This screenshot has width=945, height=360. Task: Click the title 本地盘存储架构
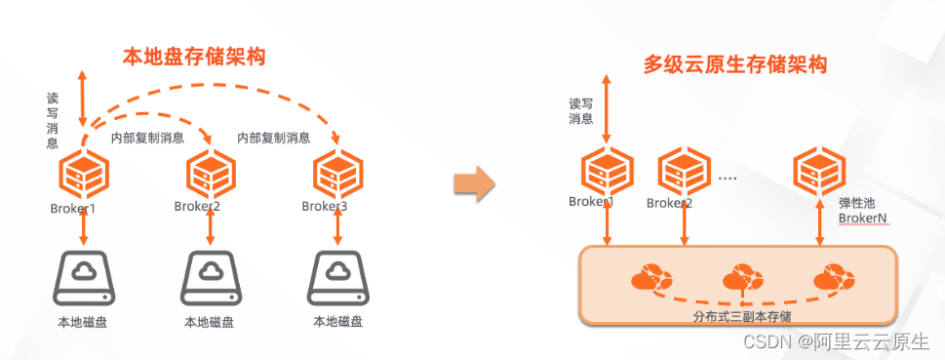click(194, 57)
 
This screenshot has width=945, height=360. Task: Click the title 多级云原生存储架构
click(734, 65)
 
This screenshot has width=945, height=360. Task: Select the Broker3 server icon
click(337, 174)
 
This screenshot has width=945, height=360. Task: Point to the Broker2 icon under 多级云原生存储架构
click(683, 172)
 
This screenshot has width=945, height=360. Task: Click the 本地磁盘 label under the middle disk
click(210, 322)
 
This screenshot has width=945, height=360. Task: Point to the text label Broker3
click(325, 206)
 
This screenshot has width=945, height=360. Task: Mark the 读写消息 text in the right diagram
click(581, 111)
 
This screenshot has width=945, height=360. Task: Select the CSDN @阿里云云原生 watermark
click(836, 341)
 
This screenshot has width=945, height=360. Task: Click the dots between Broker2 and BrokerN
click(727, 180)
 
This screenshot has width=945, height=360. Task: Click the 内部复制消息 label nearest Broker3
click(274, 139)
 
